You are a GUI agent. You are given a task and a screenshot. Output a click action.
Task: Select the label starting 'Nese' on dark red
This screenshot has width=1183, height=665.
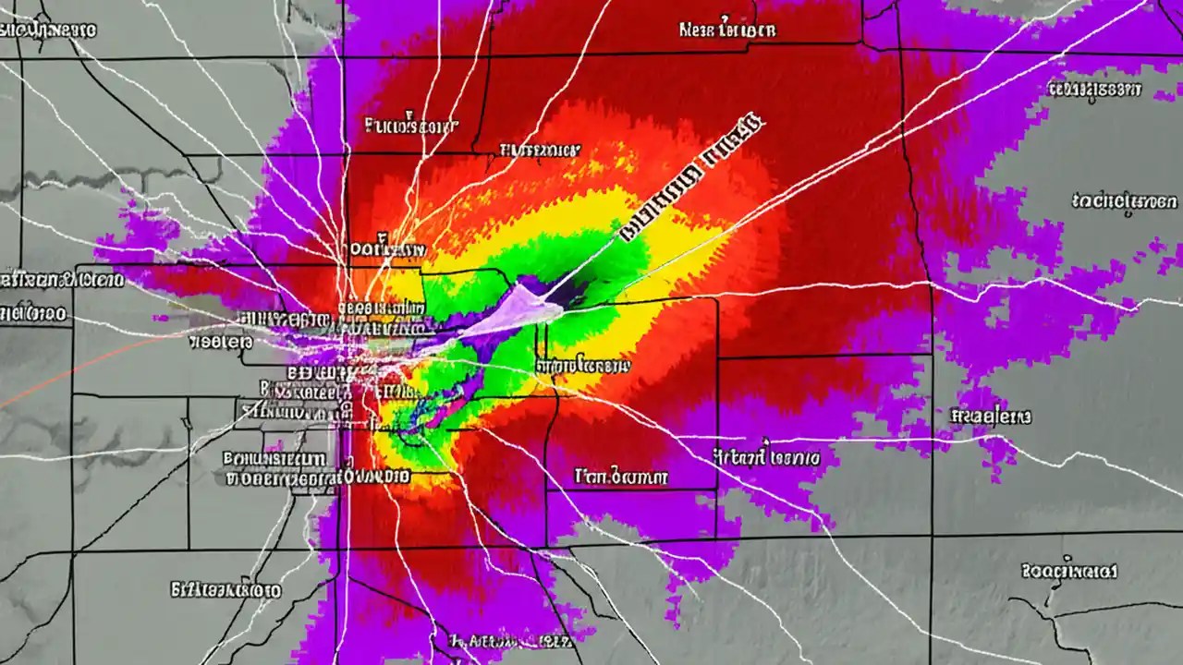tap(726, 30)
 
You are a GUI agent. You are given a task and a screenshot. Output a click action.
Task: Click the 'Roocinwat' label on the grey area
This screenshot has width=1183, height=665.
tap(1070, 571)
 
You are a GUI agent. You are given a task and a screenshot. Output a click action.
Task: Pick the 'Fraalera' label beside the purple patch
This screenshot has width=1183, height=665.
tap(991, 417)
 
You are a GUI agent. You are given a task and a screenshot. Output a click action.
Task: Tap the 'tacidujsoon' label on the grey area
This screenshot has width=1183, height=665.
tap(1125, 200)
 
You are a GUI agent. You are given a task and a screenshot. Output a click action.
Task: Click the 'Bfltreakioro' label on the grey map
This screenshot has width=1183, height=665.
tap(226, 588)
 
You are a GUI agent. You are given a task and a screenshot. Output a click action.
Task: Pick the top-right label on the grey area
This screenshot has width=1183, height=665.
tap(1093, 90)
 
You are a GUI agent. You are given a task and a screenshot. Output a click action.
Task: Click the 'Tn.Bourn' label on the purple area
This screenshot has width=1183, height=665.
tap(620, 478)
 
